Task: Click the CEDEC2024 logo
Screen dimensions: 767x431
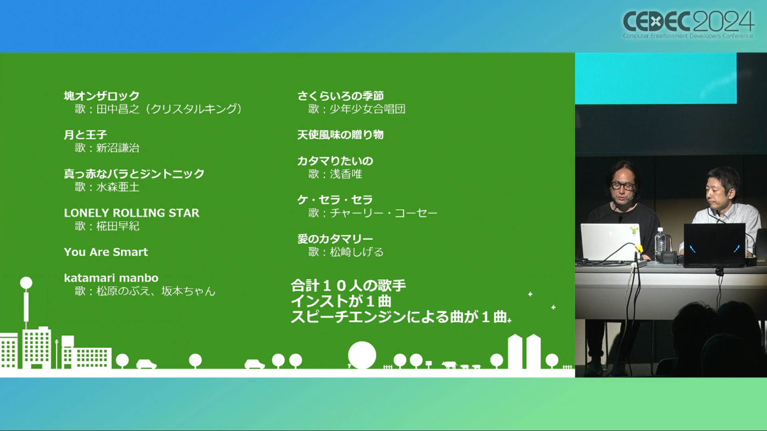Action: [x=688, y=24]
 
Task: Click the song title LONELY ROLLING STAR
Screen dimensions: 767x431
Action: [x=131, y=213]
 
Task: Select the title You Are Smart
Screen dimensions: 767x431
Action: [x=106, y=252]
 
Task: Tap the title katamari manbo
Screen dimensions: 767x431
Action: [x=111, y=278]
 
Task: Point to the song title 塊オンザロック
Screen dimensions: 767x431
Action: [x=101, y=96]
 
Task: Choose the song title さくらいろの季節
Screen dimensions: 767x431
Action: [x=340, y=96]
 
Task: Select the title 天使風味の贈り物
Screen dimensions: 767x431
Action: [x=340, y=135]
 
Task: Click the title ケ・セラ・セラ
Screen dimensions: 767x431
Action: [x=335, y=200]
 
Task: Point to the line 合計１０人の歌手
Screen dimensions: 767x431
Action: [x=348, y=286]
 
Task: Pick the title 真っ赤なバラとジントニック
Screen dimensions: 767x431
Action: [x=134, y=174]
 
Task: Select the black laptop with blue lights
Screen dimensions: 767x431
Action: [x=715, y=244]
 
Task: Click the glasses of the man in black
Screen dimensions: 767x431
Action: [x=623, y=186]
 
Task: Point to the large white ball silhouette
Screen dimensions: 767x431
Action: [x=362, y=355]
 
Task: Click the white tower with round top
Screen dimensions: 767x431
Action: [x=26, y=303]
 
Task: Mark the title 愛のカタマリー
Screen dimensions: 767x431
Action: [x=335, y=239]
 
